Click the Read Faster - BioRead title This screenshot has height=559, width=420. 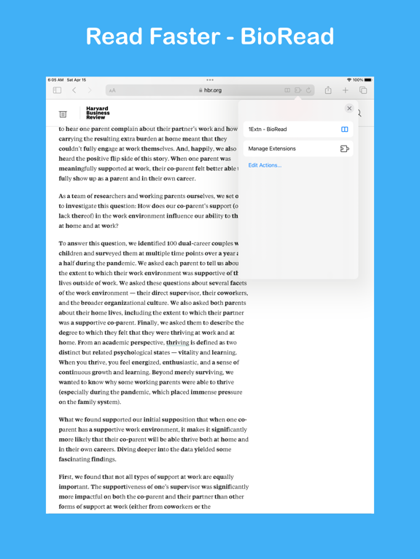(x=210, y=36)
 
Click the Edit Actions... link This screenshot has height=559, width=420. (x=265, y=165)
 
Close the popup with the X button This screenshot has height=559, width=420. (x=349, y=108)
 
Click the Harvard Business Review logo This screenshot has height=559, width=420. (x=98, y=113)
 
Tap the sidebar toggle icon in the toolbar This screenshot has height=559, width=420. (x=57, y=90)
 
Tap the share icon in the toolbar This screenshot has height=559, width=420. (x=328, y=90)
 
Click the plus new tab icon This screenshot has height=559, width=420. (x=346, y=90)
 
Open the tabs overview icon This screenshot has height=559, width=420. (x=363, y=90)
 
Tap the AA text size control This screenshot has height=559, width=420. (x=112, y=90)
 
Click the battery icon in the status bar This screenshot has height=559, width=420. (x=368, y=80)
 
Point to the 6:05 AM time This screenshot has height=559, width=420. (x=56, y=80)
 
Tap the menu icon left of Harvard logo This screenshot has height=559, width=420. (x=63, y=114)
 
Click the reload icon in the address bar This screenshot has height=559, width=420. (x=309, y=90)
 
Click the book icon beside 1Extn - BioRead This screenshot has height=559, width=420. (x=345, y=130)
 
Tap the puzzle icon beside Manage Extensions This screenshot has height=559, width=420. (x=345, y=148)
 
